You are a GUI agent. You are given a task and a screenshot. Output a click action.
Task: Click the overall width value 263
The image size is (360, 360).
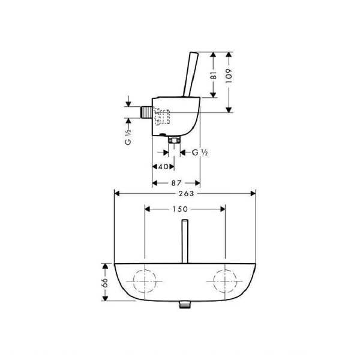pyautogui.click(x=185, y=193)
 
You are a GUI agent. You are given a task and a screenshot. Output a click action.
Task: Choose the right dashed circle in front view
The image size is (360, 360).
pyautogui.click(x=224, y=281)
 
